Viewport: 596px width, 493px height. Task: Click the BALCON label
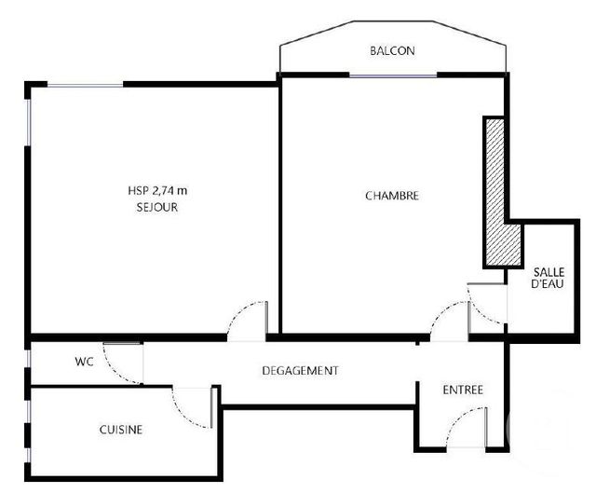(392, 51)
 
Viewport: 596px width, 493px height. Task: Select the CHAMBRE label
(391, 196)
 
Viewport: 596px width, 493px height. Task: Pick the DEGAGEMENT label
(300, 370)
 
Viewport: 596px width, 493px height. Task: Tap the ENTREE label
(463, 390)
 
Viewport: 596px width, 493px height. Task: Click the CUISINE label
(121, 430)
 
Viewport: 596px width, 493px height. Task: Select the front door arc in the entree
(466, 429)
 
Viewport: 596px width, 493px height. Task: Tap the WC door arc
(119, 362)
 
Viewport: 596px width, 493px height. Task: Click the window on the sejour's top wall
(86, 85)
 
